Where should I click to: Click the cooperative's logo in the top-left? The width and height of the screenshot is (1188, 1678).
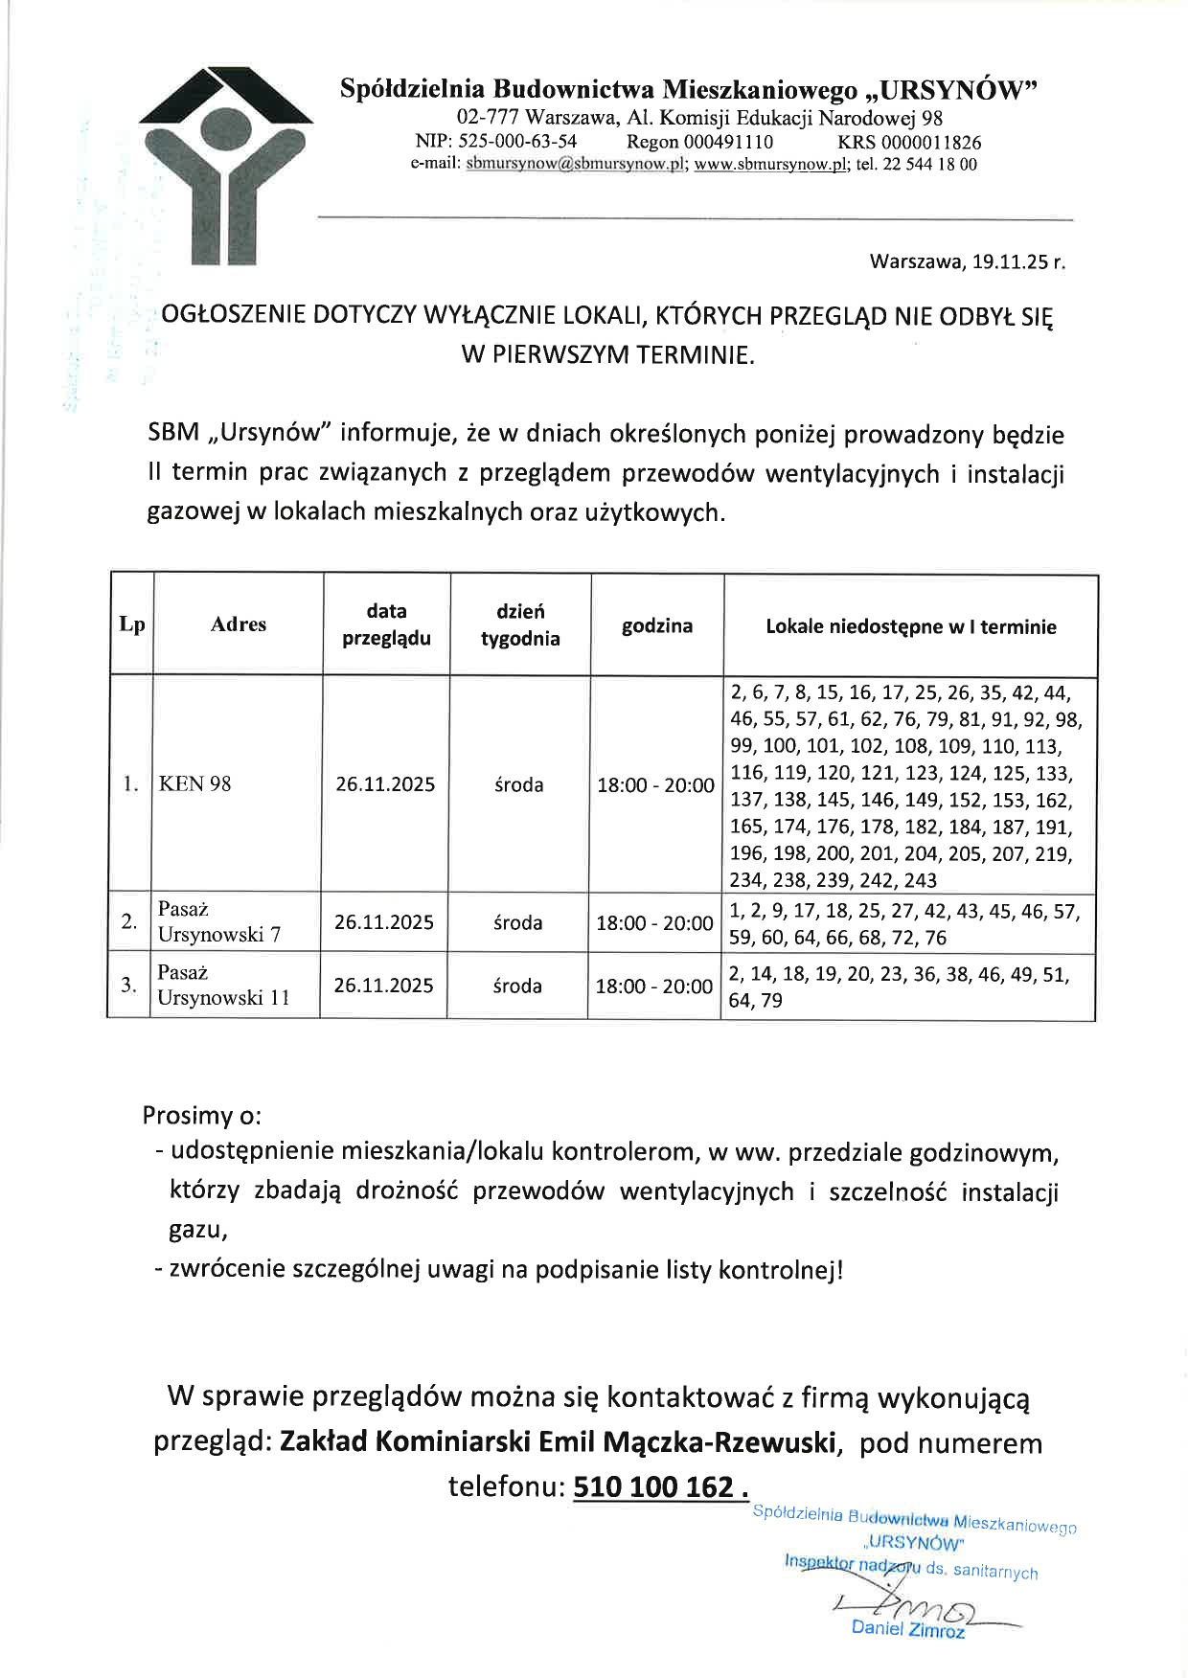tap(226, 165)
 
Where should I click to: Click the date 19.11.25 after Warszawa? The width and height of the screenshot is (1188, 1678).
tap(1006, 261)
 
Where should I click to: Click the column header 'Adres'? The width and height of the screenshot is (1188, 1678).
tap(238, 624)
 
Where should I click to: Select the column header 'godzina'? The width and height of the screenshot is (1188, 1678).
tap(656, 625)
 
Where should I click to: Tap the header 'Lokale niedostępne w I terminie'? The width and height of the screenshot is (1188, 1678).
tap(910, 626)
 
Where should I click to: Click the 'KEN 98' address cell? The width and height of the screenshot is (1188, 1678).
tap(195, 783)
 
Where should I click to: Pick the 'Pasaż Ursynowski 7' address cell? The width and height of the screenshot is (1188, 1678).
tap(219, 921)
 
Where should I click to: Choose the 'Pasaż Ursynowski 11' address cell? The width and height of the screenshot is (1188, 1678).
tap(223, 985)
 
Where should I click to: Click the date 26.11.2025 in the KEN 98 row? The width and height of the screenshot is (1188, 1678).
tap(385, 784)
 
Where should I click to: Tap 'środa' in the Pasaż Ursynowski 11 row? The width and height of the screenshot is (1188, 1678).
tap(517, 986)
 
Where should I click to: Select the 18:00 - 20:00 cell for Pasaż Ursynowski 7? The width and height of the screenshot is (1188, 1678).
tap(654, 923)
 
